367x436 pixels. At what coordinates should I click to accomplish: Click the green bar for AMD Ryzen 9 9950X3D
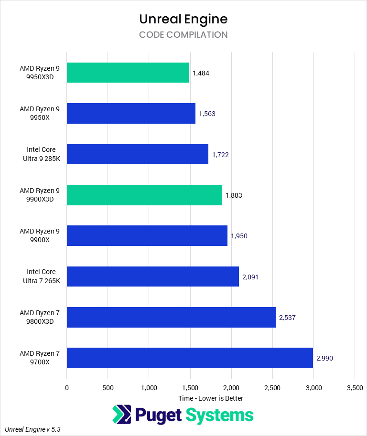pos(128,73)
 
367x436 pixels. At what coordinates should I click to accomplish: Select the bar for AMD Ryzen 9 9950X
pos(131,113)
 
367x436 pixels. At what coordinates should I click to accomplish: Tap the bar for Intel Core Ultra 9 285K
pos(137,154)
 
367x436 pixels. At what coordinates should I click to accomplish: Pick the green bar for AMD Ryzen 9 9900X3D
pos(144,195)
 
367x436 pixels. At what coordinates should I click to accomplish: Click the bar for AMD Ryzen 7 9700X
pos(190,358)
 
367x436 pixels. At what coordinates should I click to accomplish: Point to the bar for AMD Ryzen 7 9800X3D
pos(171,317)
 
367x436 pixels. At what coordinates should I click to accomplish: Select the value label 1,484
pos(201,73)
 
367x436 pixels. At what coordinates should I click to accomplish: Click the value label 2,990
pos(324,358)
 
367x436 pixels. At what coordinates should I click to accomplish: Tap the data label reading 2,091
pos(250,276)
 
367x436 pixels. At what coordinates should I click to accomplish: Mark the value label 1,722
pos(220,155)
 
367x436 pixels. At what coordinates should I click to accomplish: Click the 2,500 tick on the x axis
pos(272,388)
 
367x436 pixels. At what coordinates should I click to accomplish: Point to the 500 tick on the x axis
pos(108,388)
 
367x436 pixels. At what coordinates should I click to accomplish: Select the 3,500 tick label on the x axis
pos(354,388)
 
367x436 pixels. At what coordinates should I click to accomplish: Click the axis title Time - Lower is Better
pos(210,398)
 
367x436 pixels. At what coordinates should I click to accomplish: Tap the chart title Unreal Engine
pos(183,19)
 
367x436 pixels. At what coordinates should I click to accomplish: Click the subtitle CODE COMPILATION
pos(183,35)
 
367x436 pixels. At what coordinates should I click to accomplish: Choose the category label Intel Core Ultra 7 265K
pos(41,276)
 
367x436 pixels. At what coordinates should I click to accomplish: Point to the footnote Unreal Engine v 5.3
pos(33,429)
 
